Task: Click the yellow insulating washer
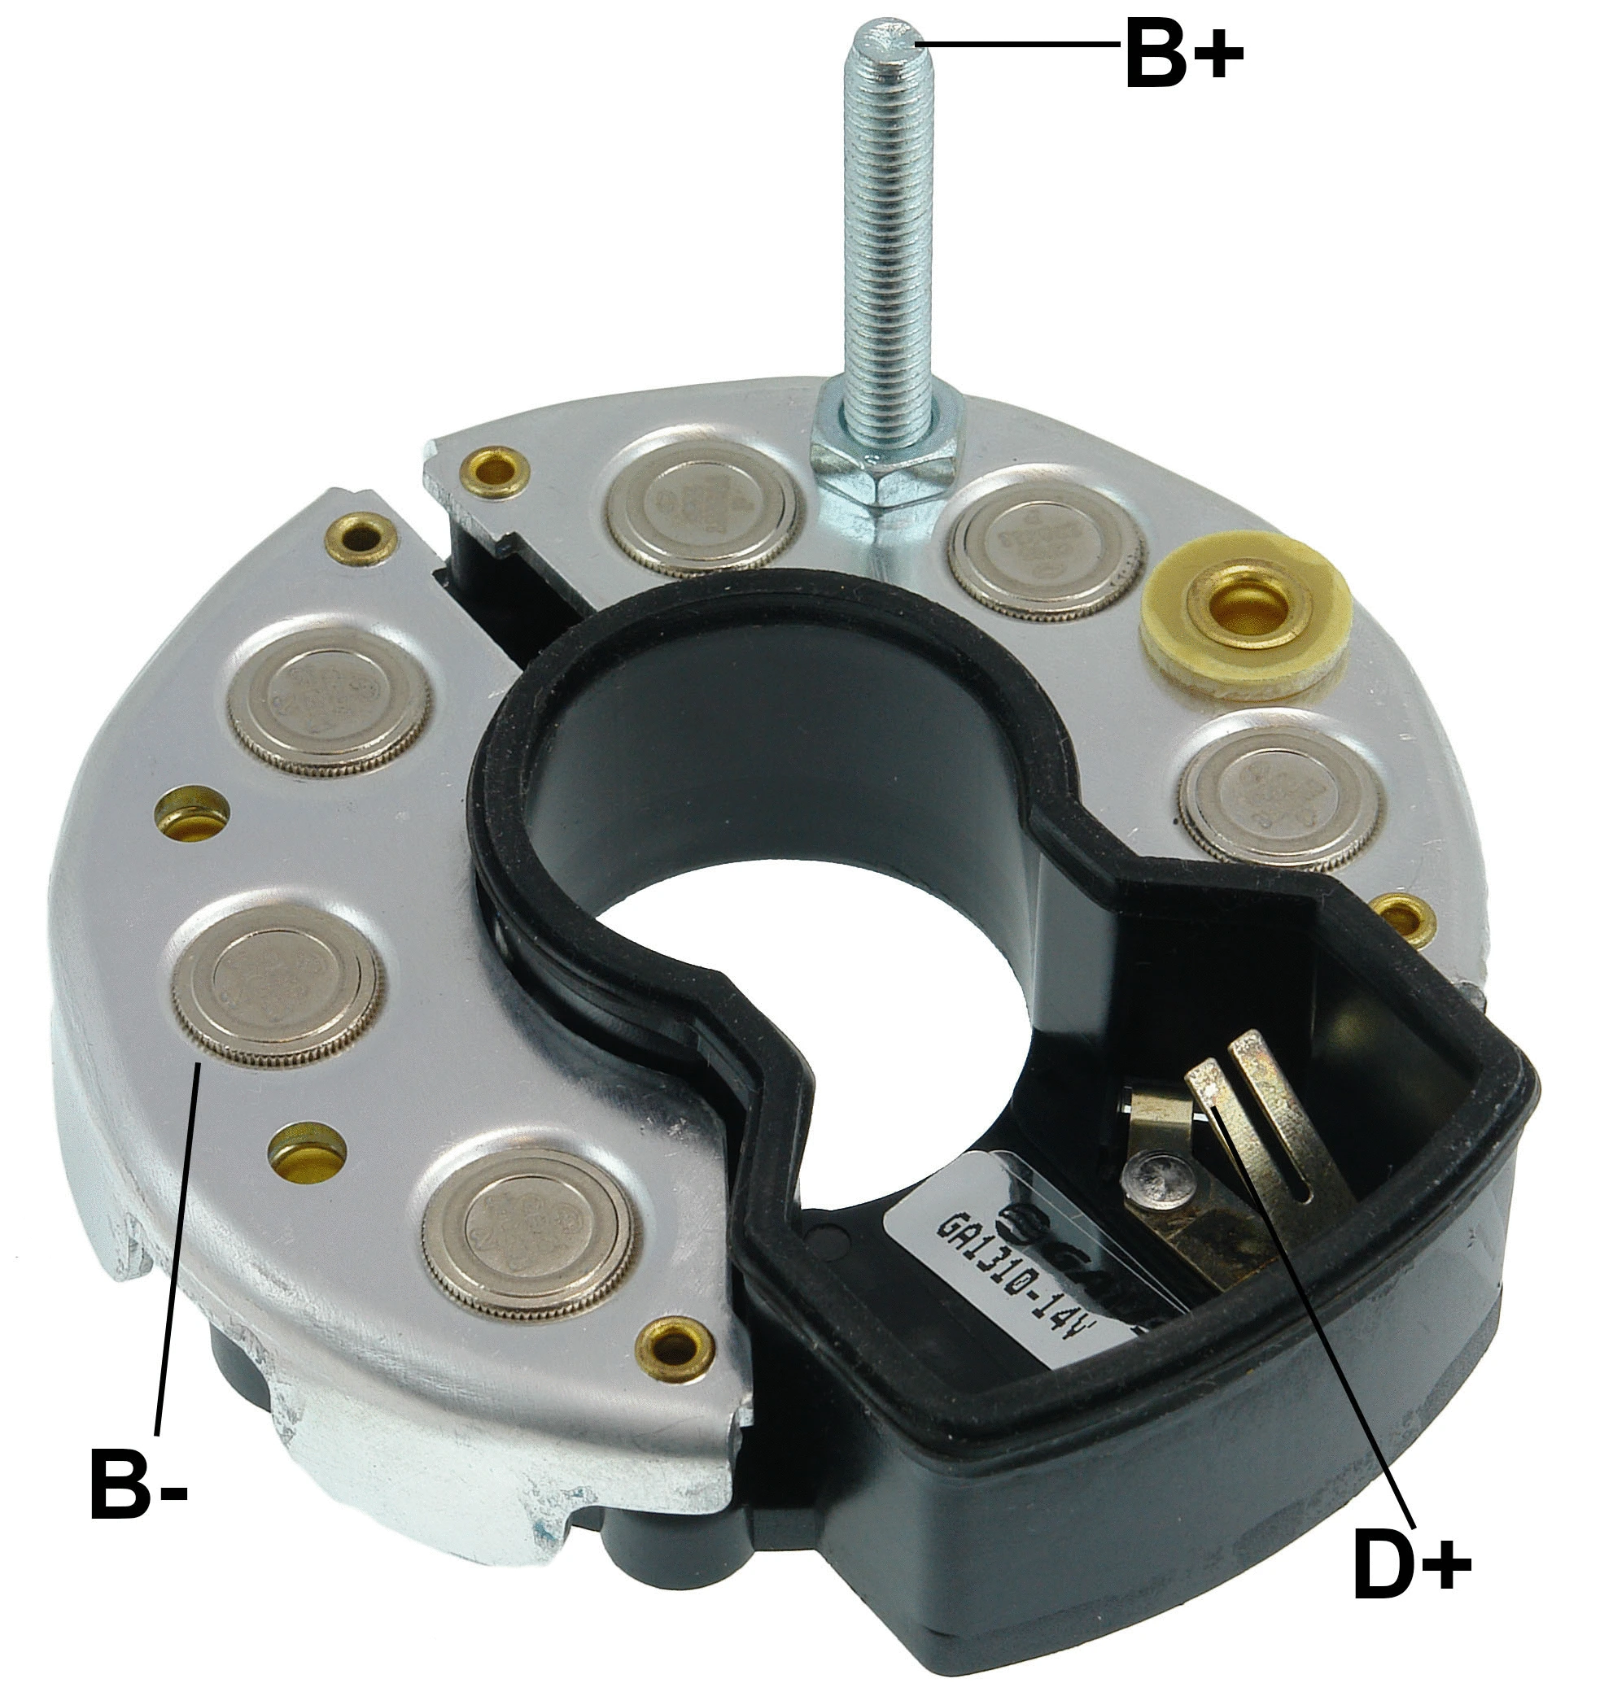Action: pos(1244,608)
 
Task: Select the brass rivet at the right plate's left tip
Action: pos(492,469)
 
